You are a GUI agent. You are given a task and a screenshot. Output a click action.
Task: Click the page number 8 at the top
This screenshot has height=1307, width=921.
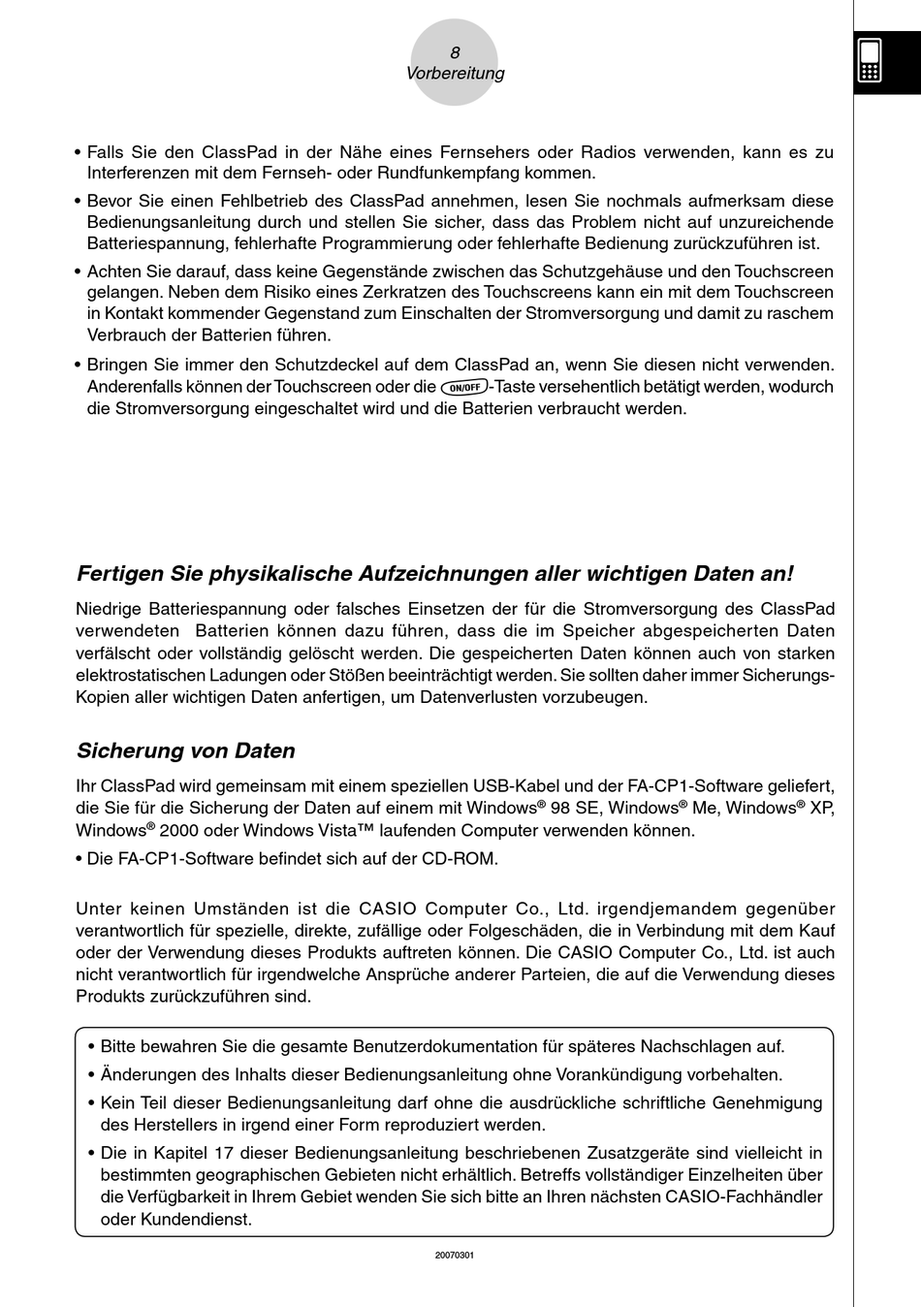(455, 52)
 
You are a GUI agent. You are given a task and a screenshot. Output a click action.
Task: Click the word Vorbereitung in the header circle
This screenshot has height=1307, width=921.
(455, 74)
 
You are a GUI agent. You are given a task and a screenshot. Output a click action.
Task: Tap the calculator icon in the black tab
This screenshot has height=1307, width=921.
(870, 60)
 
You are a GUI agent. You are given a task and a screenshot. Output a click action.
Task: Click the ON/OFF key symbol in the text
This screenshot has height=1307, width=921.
(463, 387)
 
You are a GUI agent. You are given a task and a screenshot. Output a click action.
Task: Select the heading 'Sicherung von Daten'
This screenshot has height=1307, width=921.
(185, 750)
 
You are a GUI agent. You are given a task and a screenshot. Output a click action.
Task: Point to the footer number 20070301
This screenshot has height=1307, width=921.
(454, 1255)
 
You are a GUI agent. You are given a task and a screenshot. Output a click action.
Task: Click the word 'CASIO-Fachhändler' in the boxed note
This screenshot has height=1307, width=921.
(743, 1196)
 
